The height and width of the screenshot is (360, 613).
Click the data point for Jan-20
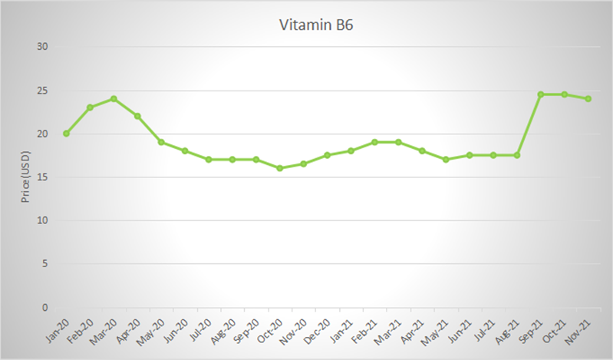[66, 134]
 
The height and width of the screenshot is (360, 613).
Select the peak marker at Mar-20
[114, 99]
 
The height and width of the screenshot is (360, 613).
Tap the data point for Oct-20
[279, 168]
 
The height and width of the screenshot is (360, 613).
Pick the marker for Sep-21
[541, 94]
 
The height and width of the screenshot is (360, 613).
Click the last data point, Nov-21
[588, 99]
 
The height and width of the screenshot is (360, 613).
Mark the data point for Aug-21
[517, 155]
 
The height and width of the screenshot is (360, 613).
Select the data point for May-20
[161, 142]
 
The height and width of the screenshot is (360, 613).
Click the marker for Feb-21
[374, 142]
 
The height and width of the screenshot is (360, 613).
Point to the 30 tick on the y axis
[43, 47]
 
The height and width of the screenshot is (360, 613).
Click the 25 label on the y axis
[43, 91]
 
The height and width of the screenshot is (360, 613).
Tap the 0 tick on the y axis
[45, 308]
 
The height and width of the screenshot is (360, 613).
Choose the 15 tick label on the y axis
[43, 177]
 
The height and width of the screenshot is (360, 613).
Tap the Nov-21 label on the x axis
[579, 330]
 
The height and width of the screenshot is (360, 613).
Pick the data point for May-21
[446, 160]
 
